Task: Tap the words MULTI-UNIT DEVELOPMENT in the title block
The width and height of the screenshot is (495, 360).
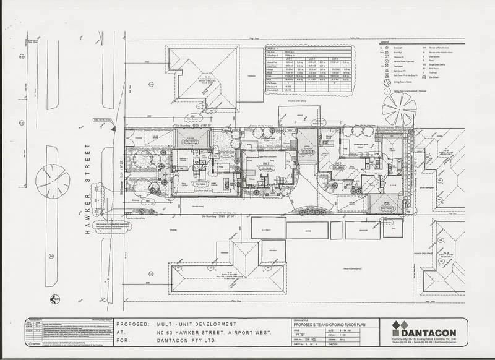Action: (196, 324)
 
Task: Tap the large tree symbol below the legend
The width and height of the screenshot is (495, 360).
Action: (399, 110)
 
